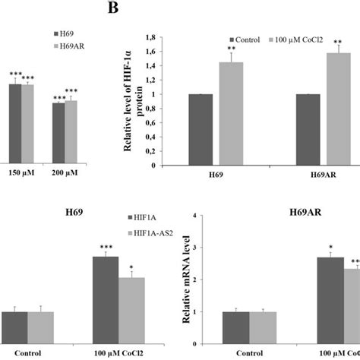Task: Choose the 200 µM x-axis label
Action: point(66,173)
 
